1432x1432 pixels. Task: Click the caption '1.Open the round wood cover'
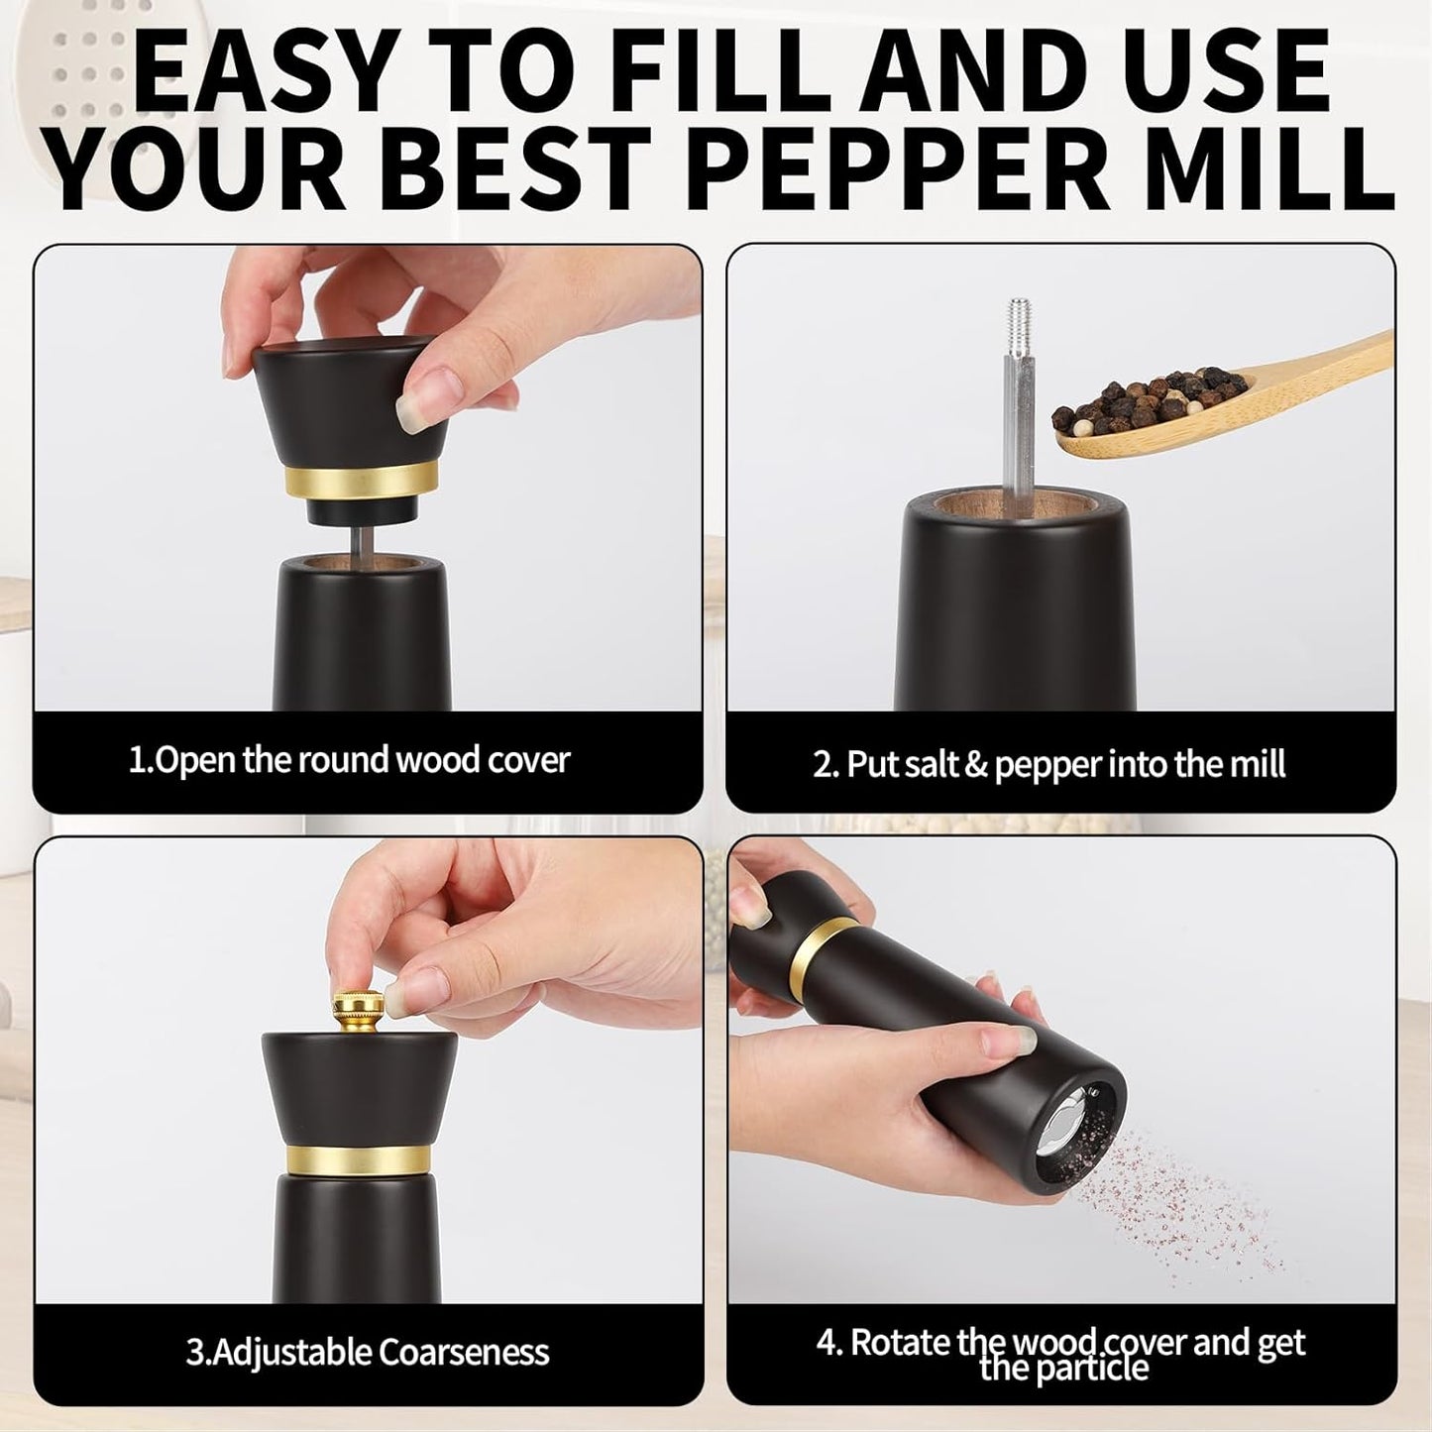click(349, 761)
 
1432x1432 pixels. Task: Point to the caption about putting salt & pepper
click(1048, 765)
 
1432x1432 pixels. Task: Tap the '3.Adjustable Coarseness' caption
click(367, 1353)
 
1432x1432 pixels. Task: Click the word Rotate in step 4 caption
click(902, 1343)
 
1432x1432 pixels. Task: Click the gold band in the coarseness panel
click(359, 1159)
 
